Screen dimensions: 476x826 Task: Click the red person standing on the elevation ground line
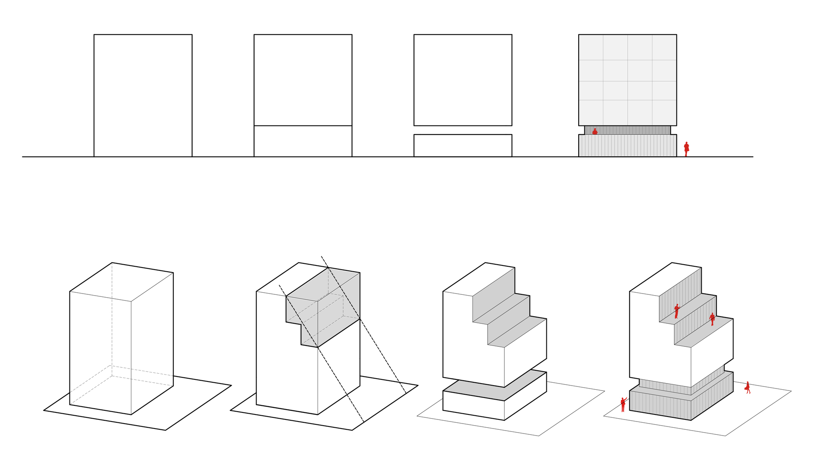(x=686, y=149)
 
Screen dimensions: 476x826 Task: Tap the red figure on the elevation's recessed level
(x=595, y=132)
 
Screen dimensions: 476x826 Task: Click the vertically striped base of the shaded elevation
(x=627, y=146)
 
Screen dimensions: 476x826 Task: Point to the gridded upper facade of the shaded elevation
(x=627, y=80)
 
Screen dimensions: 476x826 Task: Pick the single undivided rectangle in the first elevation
(x=143, y=95)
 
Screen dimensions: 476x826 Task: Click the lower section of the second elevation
(x=303, y=141)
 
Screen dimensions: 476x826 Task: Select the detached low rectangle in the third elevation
(x=463, y=146)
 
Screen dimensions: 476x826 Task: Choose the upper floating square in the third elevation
(x=463, y=80)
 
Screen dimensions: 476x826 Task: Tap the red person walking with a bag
(x=748, y=388)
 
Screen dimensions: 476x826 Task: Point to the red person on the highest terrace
(x=676, y=311)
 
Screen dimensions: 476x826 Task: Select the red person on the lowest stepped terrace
(x=712, y=319)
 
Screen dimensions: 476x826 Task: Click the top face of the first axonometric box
(x=122, y=282)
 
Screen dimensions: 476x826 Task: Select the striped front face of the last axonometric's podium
(x=660, y=405)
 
